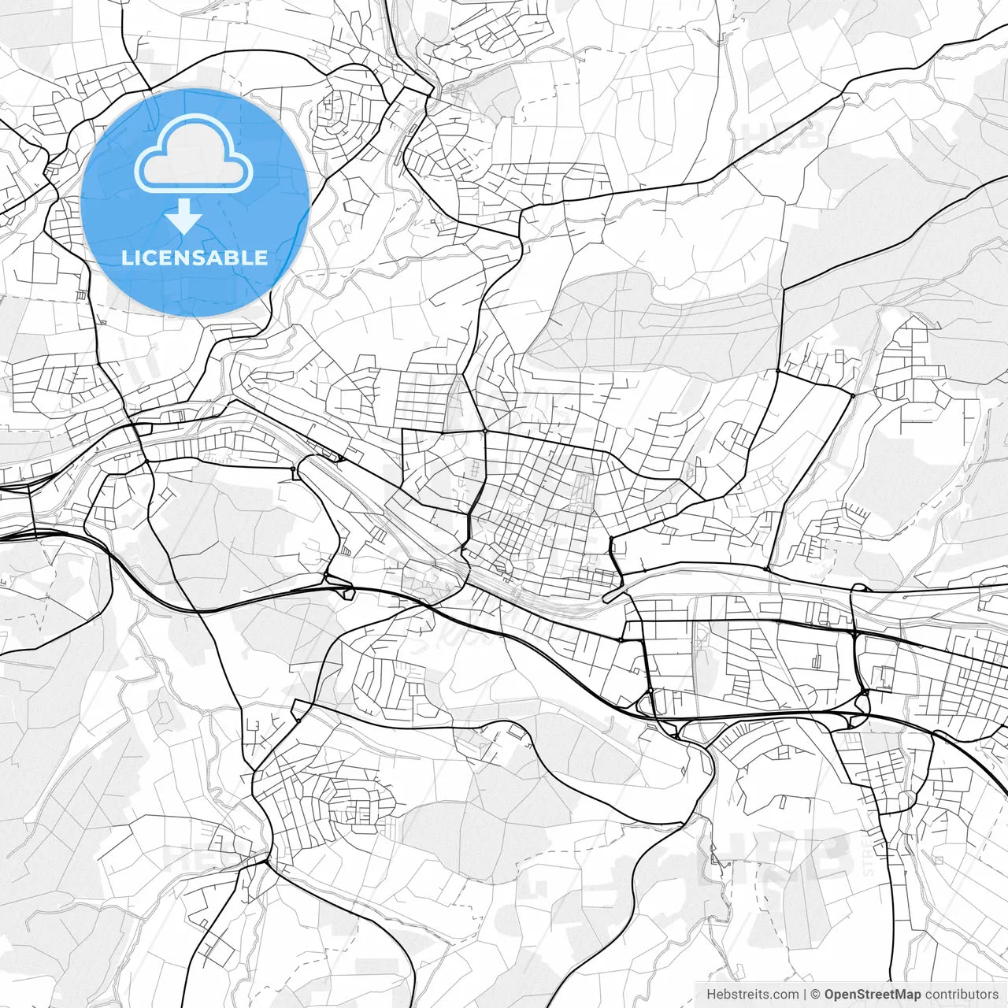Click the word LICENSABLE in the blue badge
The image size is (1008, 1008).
(195, 258)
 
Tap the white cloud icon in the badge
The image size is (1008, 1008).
(194, 154)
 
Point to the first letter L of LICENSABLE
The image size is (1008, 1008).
(127, 258)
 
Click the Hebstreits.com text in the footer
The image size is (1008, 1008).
(752, 995)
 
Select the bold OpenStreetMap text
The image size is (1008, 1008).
(873, 995)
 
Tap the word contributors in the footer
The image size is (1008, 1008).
(962, 995)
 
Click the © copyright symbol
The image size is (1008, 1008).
(816, 995)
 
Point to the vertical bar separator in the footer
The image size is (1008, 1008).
(806, 995)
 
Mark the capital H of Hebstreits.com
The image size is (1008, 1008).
(711, 995)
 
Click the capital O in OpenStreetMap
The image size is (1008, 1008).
(829, 995)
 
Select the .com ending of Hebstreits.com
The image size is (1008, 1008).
(786, 995)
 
